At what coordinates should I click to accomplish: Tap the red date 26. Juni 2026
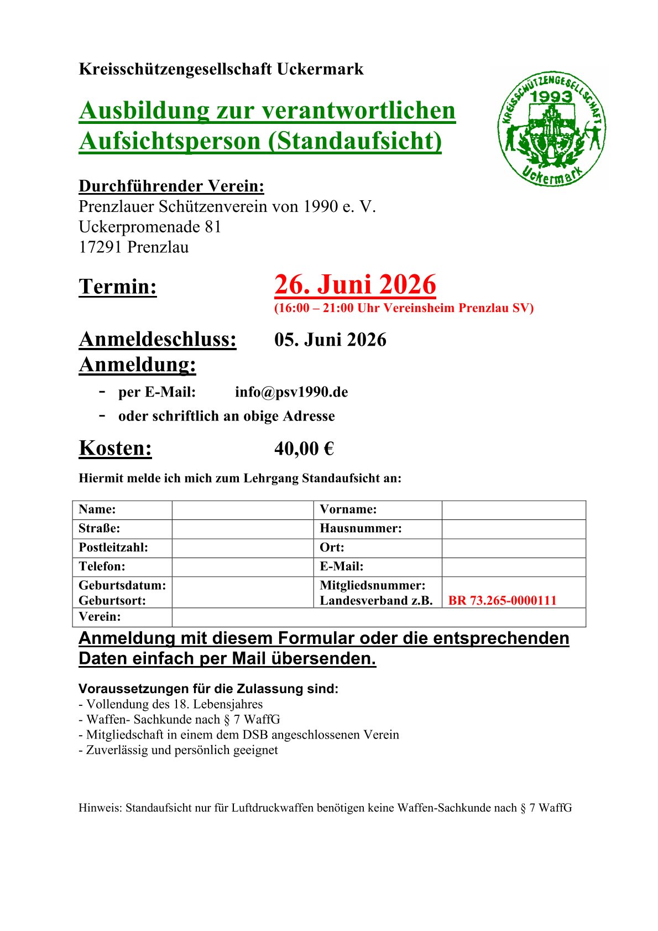click(x=355, y=285)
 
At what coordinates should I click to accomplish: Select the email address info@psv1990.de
click(x=291, y=392)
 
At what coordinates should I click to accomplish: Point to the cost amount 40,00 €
click(x=304, y=449)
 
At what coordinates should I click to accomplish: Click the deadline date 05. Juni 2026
click(x=330, y=340)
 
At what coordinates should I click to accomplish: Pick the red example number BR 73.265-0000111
click(x=502, y=601)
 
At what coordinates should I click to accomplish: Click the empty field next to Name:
click(x=243, y=510)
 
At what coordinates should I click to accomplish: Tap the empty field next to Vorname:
click(x=513, y=510)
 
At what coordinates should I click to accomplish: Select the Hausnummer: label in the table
click(x=361, y=529)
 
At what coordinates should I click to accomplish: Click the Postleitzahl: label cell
click(x=113, y=548)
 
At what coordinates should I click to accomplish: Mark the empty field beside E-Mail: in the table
click(x=513, y=567)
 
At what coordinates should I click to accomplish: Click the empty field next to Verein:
click(x=378, y=617)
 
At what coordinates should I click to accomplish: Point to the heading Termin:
click(x=118, y=287)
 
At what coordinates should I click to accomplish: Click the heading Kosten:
click(x=115, y=448)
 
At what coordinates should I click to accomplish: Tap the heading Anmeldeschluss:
click(x=158, y=340)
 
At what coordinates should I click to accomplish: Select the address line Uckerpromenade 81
click(x=150, y=227)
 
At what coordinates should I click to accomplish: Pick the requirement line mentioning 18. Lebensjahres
click(x=171, y=704)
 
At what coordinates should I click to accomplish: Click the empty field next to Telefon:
click(x=243, y=567)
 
